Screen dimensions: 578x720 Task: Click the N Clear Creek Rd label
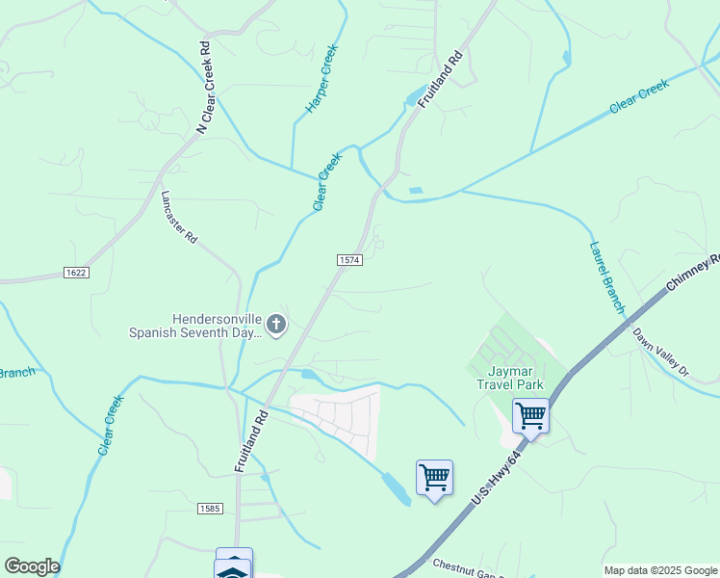[x=203, y=87]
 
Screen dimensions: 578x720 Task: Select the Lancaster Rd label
[x=179, y=215]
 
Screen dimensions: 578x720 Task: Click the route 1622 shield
[x=77, y=273]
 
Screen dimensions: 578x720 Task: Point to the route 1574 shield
[x=348, y=261]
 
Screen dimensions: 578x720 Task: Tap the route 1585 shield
[x=210, y=508]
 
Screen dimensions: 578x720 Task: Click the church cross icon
[x=276, y=325]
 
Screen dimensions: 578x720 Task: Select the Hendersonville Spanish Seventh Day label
[x=195, y=326]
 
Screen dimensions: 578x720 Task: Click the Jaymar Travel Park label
[x=509, y=377]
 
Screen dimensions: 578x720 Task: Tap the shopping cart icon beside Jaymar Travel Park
[x=530, y=416]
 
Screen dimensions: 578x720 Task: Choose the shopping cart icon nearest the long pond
[x=434, y=477]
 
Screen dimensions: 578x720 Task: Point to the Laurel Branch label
[x=606, y=276]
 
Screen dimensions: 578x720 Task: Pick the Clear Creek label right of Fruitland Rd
[x=639, y=99]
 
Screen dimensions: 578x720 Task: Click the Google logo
[x=31, y=566]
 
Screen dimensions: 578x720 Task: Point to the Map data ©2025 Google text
[x=659, y=570]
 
